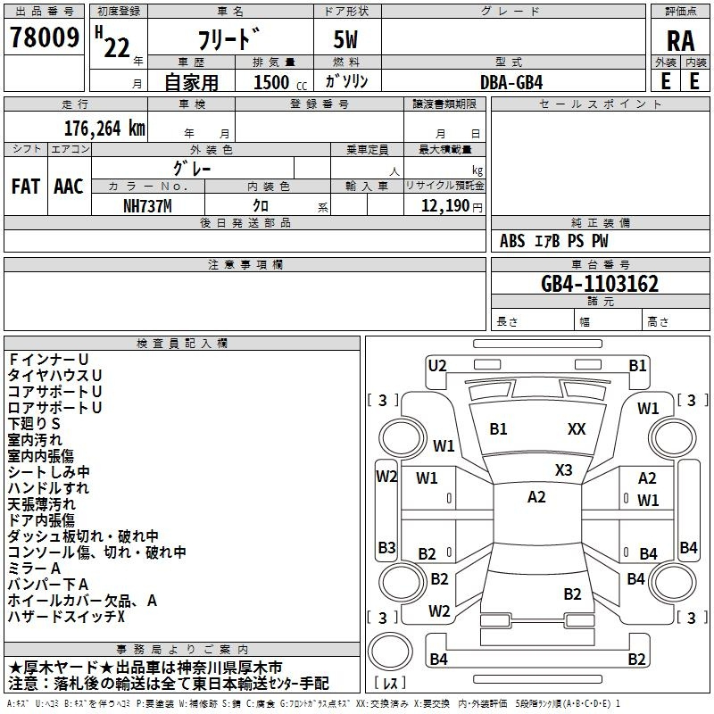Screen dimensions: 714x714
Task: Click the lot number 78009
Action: [45, 37]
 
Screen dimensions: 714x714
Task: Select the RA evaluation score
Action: [680, 41]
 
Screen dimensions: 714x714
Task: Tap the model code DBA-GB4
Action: [511, 82]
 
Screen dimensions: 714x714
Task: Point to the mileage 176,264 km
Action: [104, 129]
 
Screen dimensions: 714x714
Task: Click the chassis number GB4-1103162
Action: [600, 284]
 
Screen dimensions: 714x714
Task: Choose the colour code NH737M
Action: [147, 206]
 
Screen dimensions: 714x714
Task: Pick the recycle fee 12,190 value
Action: [445, 206]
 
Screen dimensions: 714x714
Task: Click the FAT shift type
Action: [26, 187]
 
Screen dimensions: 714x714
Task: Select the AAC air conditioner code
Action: [69, 187]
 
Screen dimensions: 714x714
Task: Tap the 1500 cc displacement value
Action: [280, 82]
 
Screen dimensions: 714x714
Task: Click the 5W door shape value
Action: [345, 39]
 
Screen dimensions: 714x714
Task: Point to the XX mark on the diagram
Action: [577, 428]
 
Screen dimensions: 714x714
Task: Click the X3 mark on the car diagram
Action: [564, 470]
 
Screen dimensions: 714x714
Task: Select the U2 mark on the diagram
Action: [437, 365]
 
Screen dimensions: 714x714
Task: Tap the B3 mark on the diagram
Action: [387, 547]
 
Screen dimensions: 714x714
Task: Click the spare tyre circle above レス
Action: [390, 652]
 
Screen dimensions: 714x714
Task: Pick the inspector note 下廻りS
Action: [34, 423]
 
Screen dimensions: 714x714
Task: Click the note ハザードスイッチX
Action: [66, 617]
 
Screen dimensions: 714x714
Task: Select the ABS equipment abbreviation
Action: [512, 241]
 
